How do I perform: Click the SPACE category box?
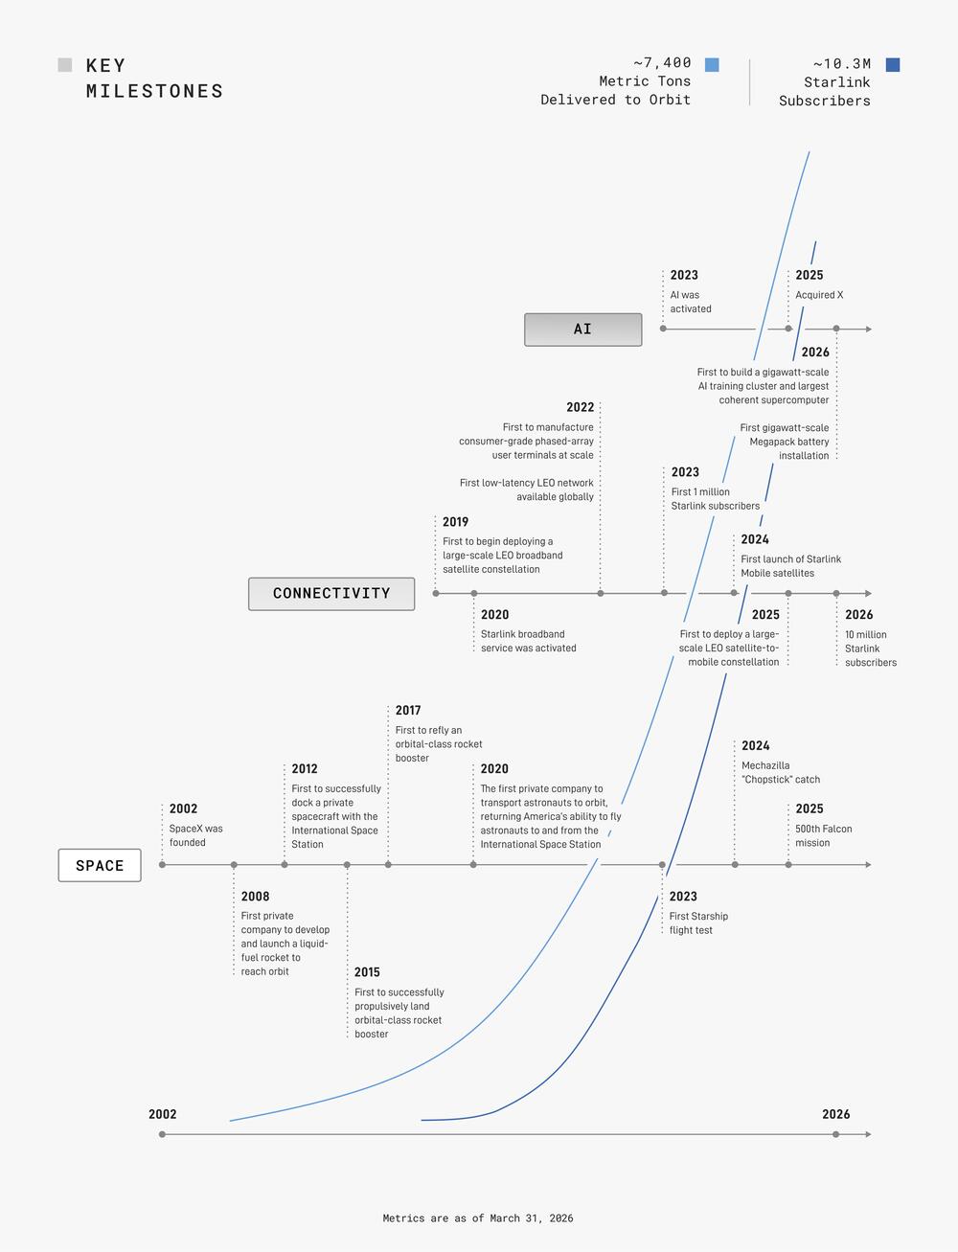pyautogui.click(x=100, y=865)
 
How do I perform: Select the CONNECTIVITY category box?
pyautogui.click(x=331, y=593)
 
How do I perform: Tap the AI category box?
pyautogui.click(x=582, y=330)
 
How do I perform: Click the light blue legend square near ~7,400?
pyautogui.click(x=712, y=64)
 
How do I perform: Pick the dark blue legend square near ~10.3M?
pyautogui.click(x=893, y=64)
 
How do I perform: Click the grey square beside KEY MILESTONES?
pyautogui.click(x=65, y=64)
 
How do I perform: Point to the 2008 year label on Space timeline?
pyautogui.click(x=255, y=896)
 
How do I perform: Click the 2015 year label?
pyautogui.click(x=367, y=972)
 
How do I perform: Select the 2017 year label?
pyautogui.click(x=408, y=710)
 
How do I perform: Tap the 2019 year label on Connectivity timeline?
pyautogui.click(x=455, y=521)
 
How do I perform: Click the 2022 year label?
pyautogui.click(x=580, y=407)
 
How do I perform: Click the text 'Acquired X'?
pyautogui.click(x=819, y=295)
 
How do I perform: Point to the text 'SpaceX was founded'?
pyautogui.click(x=195, y=835)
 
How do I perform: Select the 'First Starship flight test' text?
pyautogui.click(x=698, y=922)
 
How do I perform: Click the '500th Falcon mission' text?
pyautogui.click(x=824, y=835)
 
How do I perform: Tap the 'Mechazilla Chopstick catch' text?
pyautogui.click(x=781, y=772)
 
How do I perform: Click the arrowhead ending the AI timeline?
pyautogui.click(x=869, y=330)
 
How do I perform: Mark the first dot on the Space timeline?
pyautogui.click(x=162, y=865)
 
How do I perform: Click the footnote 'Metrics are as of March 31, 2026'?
pyautogui.click(x=478, y=1218)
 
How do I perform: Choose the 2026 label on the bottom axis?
pyautogui.click(x=835, y=1114)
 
